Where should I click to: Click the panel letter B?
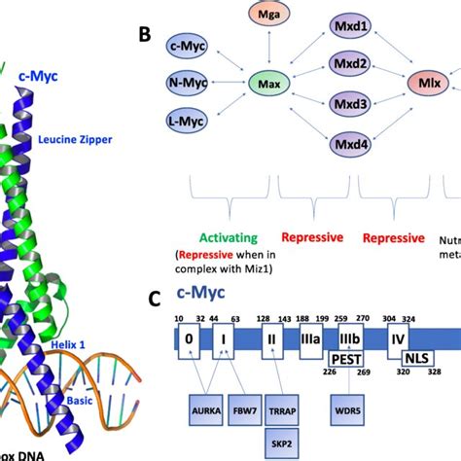click(145, 35)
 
